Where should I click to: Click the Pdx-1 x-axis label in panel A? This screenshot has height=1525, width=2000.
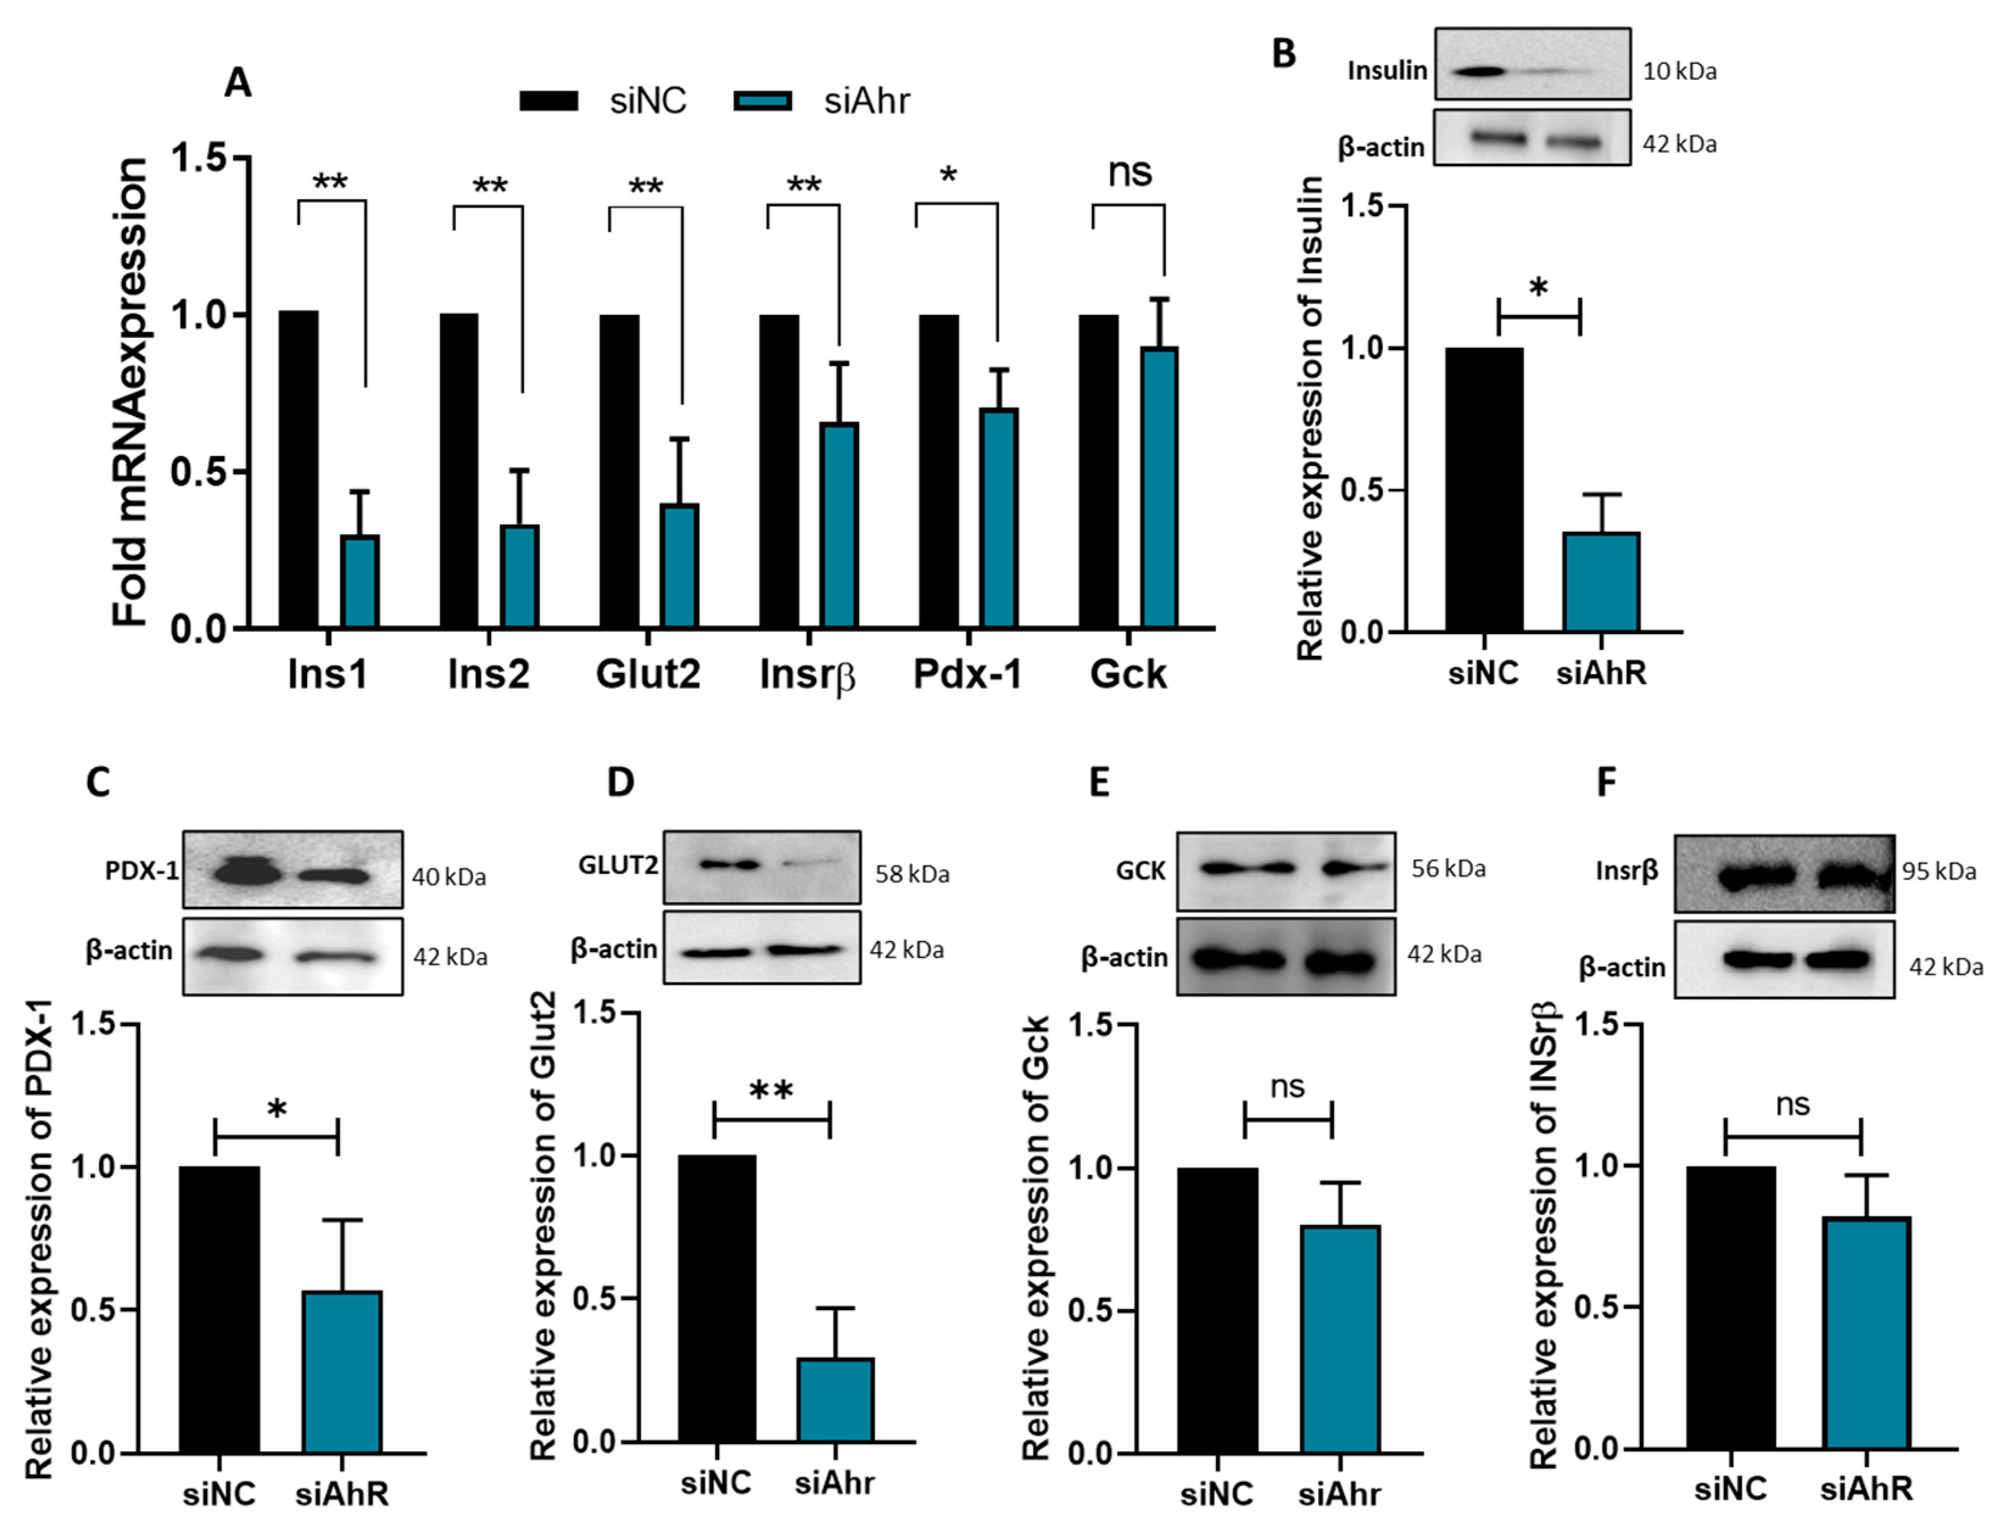967,674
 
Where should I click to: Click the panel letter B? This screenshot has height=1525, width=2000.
1283,54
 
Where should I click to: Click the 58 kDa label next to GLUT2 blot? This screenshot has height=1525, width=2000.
912,874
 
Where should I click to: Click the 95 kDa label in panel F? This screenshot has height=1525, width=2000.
1938,872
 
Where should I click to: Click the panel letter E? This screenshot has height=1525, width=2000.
1099,781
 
